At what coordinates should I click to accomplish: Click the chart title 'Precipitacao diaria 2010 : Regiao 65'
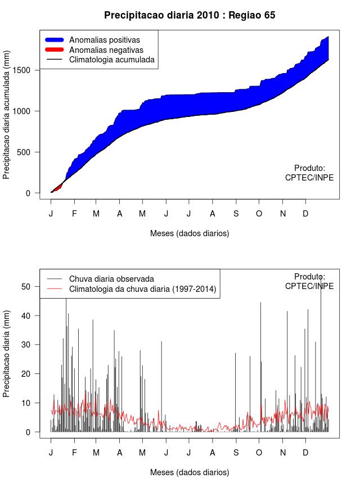[190, 15]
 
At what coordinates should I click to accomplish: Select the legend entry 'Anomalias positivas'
[104, 40]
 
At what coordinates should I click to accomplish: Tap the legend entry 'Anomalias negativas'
[106, 50]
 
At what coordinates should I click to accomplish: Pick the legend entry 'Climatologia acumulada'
[111, 60]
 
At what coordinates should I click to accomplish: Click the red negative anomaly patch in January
[57, 187]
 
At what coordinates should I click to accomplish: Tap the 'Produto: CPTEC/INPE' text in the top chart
[309, 173]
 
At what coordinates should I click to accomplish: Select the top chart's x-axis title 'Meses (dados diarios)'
[190, 233]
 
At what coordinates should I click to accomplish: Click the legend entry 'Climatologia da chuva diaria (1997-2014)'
[143, 289]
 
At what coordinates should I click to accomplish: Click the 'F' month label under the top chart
[74, 214]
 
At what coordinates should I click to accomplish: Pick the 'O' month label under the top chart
[259, 214]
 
